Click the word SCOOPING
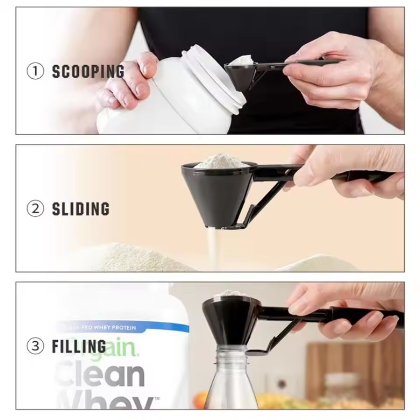point(88,71)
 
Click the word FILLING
point(79,346)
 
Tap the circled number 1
point(35,71)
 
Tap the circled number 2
point(35,208)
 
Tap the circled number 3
point(35,346)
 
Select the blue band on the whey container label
point(121,328)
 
